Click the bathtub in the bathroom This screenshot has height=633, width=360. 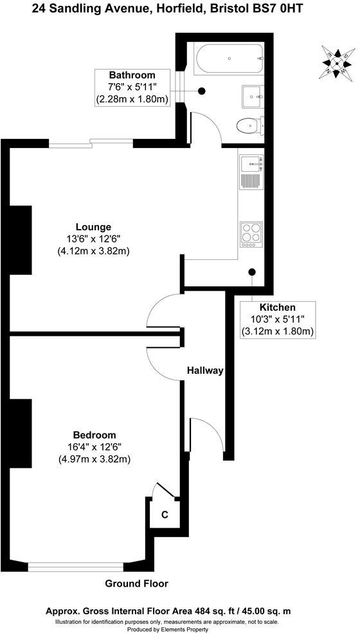tap(228, 59)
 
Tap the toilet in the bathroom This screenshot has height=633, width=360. tap(248, 125)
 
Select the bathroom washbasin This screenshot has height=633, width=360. tap(251, 96)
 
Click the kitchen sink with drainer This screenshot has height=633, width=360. tap(249, 172)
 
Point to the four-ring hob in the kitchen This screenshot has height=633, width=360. tap(251, 235)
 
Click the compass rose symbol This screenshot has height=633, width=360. tap(337, 62)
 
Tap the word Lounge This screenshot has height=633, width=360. tap(93, 226)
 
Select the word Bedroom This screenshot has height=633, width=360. tap(94, 434)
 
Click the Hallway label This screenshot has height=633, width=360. tap(205, 371)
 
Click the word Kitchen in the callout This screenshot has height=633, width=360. tap(277, 307)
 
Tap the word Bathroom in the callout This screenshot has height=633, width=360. tap(132, 75)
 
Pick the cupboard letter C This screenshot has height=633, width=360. tap(164, 515)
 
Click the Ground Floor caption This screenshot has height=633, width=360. tap(136, 583)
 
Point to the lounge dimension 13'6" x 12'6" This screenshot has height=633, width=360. tap(93, 239)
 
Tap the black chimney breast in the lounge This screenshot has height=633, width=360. tap(20, 240)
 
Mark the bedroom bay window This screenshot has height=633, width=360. tap(76, 566)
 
